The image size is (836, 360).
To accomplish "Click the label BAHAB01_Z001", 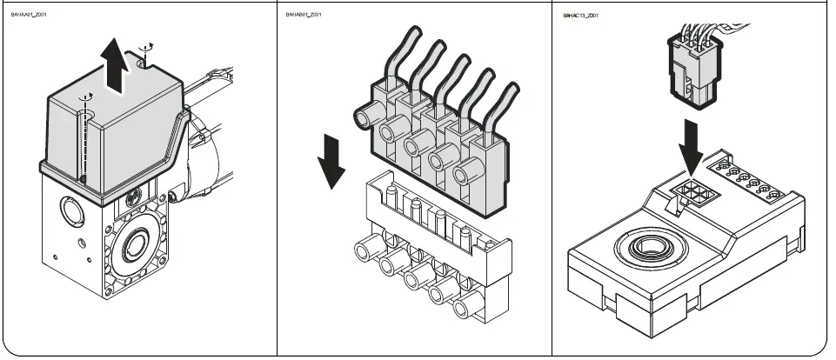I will [x=304, y=15].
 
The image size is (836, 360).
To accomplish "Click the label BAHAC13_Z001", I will [x=583, y=15].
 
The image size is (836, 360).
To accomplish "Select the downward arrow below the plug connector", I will [x=692, y=149].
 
